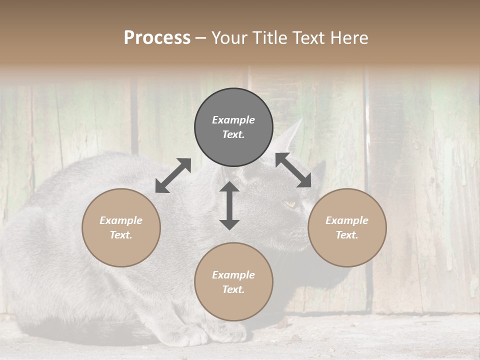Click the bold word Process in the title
click(157, 38)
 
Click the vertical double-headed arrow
click(229, 205)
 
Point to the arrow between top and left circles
click(173, 175)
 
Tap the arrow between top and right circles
click(293, 170)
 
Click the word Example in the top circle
click(233, 120)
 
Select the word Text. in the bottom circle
click(233, 289)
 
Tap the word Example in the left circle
click(121, 220)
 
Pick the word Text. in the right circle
click(347, 235)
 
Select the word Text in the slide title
click(306, 38)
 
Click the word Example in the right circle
click(347, 220)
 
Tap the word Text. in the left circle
click(121, 235)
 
